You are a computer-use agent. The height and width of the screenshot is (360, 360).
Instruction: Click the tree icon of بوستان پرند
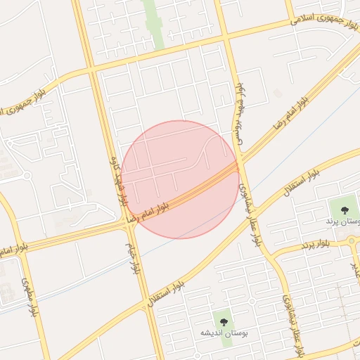(345, 210)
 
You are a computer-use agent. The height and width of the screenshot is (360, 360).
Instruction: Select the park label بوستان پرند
(342, 221)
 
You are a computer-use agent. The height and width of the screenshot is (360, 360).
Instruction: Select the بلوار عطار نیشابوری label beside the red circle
(251, 210)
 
